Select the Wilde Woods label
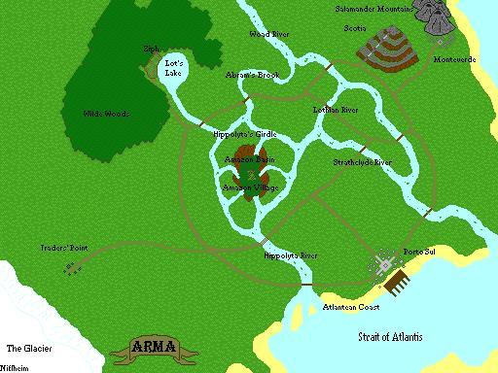point(106,115)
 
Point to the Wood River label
point(269,34)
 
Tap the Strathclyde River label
point(362,162)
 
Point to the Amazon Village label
point(250,186)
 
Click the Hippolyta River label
point(291,255)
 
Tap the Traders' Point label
point(64,248)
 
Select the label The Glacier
point(26,347)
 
